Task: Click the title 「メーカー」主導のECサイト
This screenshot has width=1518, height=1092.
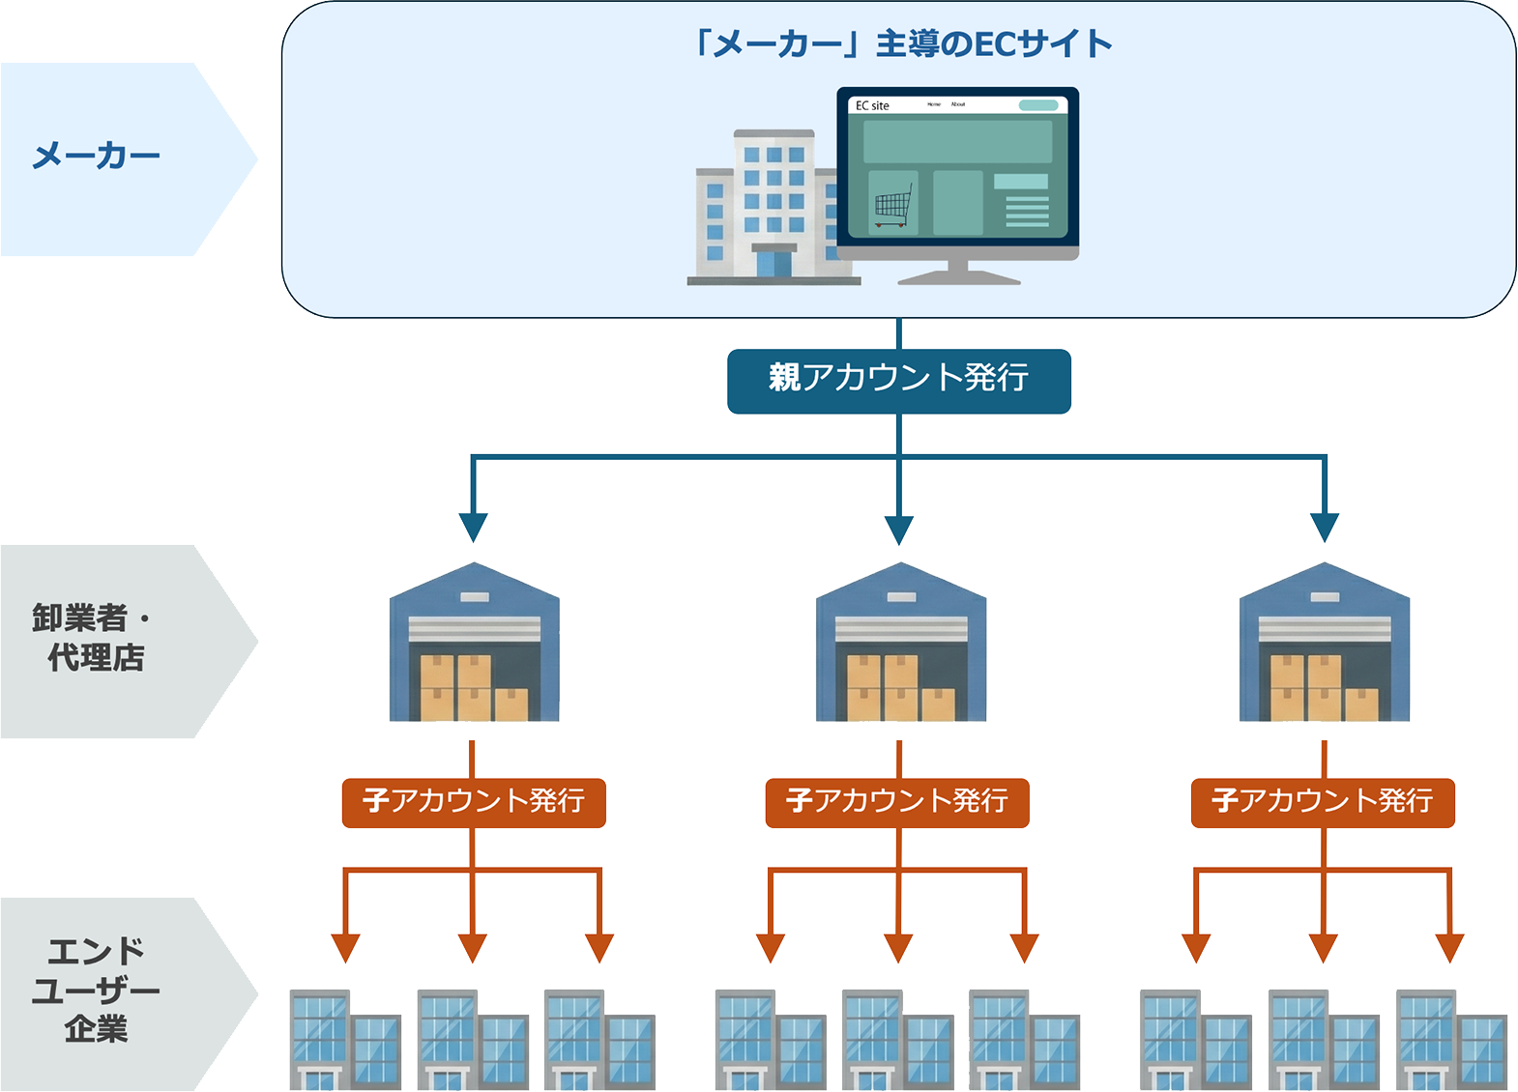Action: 900,44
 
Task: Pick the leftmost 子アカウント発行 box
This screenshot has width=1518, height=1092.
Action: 474,802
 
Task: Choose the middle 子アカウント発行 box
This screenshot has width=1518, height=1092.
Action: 897,802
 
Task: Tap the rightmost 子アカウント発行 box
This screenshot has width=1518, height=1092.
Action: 1322,802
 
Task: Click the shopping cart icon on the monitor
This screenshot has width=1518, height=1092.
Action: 892,205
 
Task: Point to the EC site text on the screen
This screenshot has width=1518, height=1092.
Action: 872,105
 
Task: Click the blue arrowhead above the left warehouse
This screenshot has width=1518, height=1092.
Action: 473,528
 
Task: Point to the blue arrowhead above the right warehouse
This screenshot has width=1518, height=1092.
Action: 1324,528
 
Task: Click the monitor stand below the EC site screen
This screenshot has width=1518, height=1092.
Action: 957,273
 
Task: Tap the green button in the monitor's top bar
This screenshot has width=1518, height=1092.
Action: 1038,105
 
